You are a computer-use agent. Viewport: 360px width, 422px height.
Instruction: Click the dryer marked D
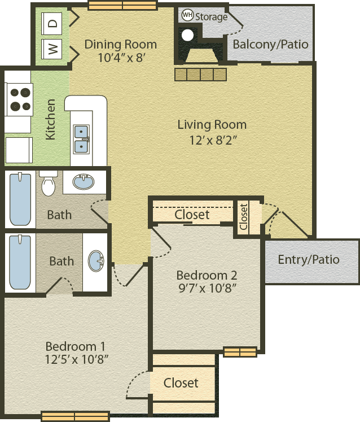click(51, 23)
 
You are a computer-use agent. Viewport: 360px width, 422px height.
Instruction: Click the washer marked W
click(51, 49)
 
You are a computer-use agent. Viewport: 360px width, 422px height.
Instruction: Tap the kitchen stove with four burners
click(19, 99)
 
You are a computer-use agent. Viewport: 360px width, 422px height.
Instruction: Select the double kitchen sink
click(81, 139)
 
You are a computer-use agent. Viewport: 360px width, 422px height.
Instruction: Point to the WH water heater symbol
click(187, 15)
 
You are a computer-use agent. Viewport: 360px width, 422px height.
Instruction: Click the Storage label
click(212, 17)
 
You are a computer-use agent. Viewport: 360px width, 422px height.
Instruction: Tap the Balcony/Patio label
click(270, 45)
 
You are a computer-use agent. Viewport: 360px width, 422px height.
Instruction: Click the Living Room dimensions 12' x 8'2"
click(213, 140)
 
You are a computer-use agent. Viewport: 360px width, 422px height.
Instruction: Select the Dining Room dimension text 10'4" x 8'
click(122, 58)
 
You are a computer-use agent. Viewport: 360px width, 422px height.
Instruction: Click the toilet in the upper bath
click(49, 183)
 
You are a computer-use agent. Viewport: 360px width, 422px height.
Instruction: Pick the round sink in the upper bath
click(84, 181)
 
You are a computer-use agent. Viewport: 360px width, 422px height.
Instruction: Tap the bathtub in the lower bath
click(20, 262)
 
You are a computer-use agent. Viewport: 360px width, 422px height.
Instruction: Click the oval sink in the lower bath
click(96, 261)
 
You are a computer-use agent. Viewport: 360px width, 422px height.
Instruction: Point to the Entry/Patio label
click(309, 260)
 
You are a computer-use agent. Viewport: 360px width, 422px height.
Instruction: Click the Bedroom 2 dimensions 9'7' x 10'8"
click(207, 288)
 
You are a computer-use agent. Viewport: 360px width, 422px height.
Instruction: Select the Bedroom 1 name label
click(75, 346)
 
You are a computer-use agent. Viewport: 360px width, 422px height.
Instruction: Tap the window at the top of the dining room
click(122, 6)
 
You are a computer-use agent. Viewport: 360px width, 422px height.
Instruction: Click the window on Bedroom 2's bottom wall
click(240, 352)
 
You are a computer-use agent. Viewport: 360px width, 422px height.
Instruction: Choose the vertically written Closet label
click(244, 217)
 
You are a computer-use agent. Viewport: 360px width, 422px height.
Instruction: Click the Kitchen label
click(51, 120)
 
